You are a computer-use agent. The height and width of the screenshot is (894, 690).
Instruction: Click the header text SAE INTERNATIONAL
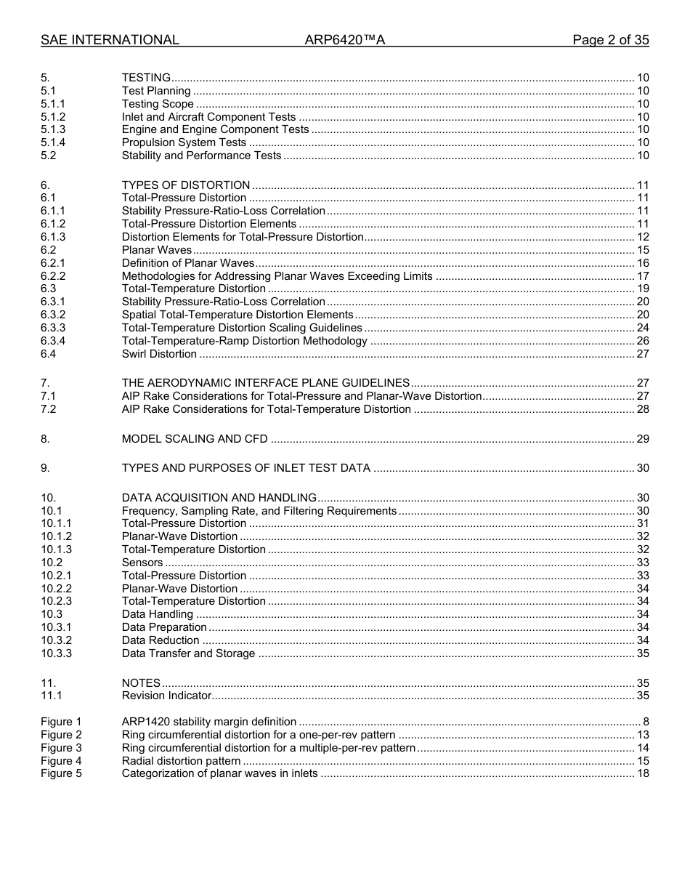(x=110, y=40)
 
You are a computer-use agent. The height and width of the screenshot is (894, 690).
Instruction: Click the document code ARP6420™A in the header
(x=344, y=40)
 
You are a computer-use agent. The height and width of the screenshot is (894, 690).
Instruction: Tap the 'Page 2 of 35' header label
(x=610, y=40)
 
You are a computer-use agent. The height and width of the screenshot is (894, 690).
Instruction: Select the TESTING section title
(x=146, y=78)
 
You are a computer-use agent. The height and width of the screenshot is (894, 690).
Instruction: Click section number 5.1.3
(x=53, y=129)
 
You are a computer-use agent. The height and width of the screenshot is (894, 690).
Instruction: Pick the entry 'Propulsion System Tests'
(x=184, y=142)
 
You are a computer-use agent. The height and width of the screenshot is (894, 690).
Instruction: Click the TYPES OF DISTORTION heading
(x=186, y=185)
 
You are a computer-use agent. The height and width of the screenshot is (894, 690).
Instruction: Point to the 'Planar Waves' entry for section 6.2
(x=157, y=250)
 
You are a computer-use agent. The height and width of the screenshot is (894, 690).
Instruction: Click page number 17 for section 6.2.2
(x=643, y=276)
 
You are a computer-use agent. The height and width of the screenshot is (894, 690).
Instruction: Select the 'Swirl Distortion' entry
(x=159, y=354)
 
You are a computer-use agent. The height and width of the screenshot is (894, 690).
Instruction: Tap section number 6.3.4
(x=53, y=341)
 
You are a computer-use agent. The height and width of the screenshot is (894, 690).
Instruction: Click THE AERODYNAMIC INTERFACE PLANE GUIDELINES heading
(x=266, y=383)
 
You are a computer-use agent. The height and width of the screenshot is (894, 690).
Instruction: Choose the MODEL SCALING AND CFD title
(x=195, y=439)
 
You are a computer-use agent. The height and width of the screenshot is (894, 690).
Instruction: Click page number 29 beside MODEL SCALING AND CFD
(x=643, y=439)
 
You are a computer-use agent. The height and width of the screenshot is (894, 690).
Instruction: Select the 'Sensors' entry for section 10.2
(x=142, y=563)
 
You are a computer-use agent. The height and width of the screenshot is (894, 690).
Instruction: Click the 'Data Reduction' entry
(x=161, y=640)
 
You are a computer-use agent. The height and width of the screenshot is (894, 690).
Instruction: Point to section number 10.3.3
(x=56, y=653)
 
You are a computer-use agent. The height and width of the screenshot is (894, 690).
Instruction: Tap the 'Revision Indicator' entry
(x=166, y=696)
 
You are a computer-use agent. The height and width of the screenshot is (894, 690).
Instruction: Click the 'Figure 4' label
(x=61, y=761)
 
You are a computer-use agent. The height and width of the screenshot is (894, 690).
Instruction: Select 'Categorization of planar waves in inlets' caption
(x=219, y=773)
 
